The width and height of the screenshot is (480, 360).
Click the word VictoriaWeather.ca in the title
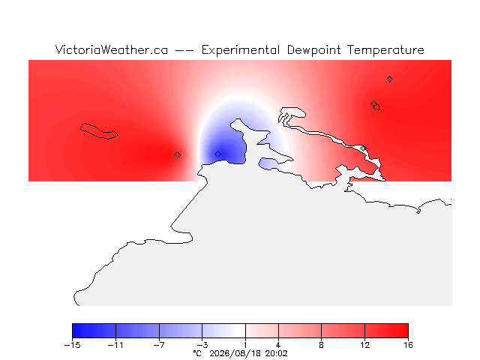pos(112,50)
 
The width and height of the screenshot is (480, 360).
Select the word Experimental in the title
pos(241,50)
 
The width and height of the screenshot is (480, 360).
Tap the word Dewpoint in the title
pos(313,50)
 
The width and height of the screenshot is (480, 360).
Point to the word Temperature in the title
pos(385,50)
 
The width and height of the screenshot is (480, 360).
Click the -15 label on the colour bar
pos(72,345)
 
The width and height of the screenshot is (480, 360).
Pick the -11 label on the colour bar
pos(115,345)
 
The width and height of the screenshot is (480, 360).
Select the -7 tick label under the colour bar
pos(159,345)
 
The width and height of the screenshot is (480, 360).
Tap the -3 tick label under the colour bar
pos(202,345)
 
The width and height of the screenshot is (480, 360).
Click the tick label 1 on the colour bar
pos(245,345)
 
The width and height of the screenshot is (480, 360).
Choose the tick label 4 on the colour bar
pos(278,345)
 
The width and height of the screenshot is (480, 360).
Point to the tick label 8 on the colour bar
pos(321,345)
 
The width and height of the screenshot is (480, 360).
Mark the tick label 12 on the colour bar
pos(364,345)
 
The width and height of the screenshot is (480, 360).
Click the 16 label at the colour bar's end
pos(408,345)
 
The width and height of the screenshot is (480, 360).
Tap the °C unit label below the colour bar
pos(197,353)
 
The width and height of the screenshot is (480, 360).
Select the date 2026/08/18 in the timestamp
pos(235,354)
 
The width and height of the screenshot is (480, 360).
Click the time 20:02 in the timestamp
pos(277,353)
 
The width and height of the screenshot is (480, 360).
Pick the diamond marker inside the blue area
pos(217,154)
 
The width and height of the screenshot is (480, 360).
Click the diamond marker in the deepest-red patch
pos(177,155)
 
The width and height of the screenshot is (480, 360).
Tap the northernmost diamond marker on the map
pos(389,79)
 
